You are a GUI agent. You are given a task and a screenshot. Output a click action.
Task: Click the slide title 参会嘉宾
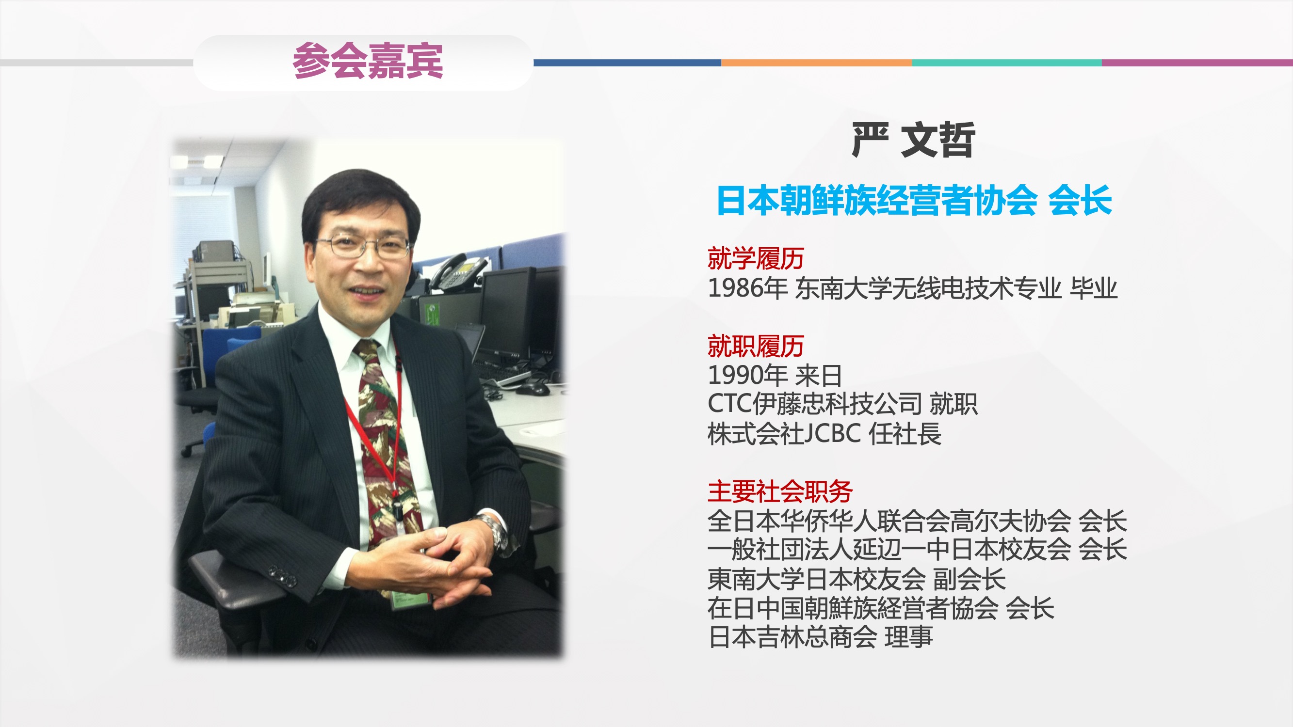tap(368, 61)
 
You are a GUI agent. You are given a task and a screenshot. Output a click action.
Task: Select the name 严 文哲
tap(914, 140)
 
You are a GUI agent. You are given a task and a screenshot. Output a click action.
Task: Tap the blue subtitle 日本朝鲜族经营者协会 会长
tap(914, 200)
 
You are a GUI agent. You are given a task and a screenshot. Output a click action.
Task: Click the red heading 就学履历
tap(756, 258)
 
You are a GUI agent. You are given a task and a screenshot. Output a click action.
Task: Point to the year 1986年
tap(747, 288)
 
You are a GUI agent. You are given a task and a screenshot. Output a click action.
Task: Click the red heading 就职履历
tap(756, 346)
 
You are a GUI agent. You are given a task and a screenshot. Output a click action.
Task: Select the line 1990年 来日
tap(775, 375)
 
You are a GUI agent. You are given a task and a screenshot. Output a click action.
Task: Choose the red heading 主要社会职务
tap(780, 491)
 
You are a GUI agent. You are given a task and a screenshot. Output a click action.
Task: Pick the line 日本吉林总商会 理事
tap(820, 637)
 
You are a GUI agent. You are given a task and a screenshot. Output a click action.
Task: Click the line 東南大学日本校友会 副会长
tap(857, 579)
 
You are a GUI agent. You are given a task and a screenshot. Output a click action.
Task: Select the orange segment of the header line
tap(816, 63)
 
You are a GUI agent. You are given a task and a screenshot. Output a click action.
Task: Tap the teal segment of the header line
tap(1006, 63)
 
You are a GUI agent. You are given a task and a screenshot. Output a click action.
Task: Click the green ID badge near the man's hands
tap(410, 600)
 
